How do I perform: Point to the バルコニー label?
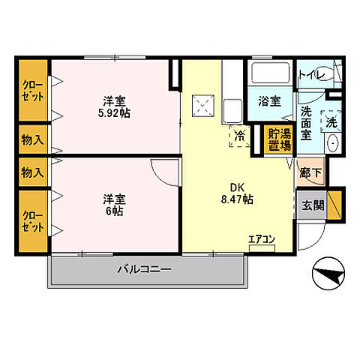coord(145,269)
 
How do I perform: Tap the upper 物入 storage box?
coord(32,139)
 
